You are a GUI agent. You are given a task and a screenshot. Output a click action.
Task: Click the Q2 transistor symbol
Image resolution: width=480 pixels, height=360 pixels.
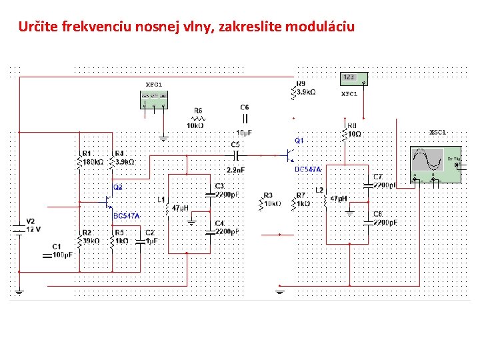tap(107, 200)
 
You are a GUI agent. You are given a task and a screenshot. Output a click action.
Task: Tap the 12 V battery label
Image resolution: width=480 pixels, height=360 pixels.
tap(33, 229)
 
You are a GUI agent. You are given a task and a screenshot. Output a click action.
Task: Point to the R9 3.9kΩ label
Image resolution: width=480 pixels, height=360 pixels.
tap(305, 88)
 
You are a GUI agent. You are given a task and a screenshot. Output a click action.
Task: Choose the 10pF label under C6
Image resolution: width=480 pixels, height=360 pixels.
tap(244, 133)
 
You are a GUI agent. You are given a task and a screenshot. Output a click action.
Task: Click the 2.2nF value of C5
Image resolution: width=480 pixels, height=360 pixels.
tap(236, 169)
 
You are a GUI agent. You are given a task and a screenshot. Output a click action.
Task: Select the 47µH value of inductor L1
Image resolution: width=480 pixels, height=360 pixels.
tap(181, 208)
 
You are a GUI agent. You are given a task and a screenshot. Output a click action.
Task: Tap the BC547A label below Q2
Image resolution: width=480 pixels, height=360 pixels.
tap(127, 216)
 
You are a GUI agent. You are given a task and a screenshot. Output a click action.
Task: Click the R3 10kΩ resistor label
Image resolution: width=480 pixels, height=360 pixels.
tap(271, 200)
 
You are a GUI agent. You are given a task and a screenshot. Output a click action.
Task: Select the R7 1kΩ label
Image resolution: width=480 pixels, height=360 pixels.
tap(303, 200)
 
